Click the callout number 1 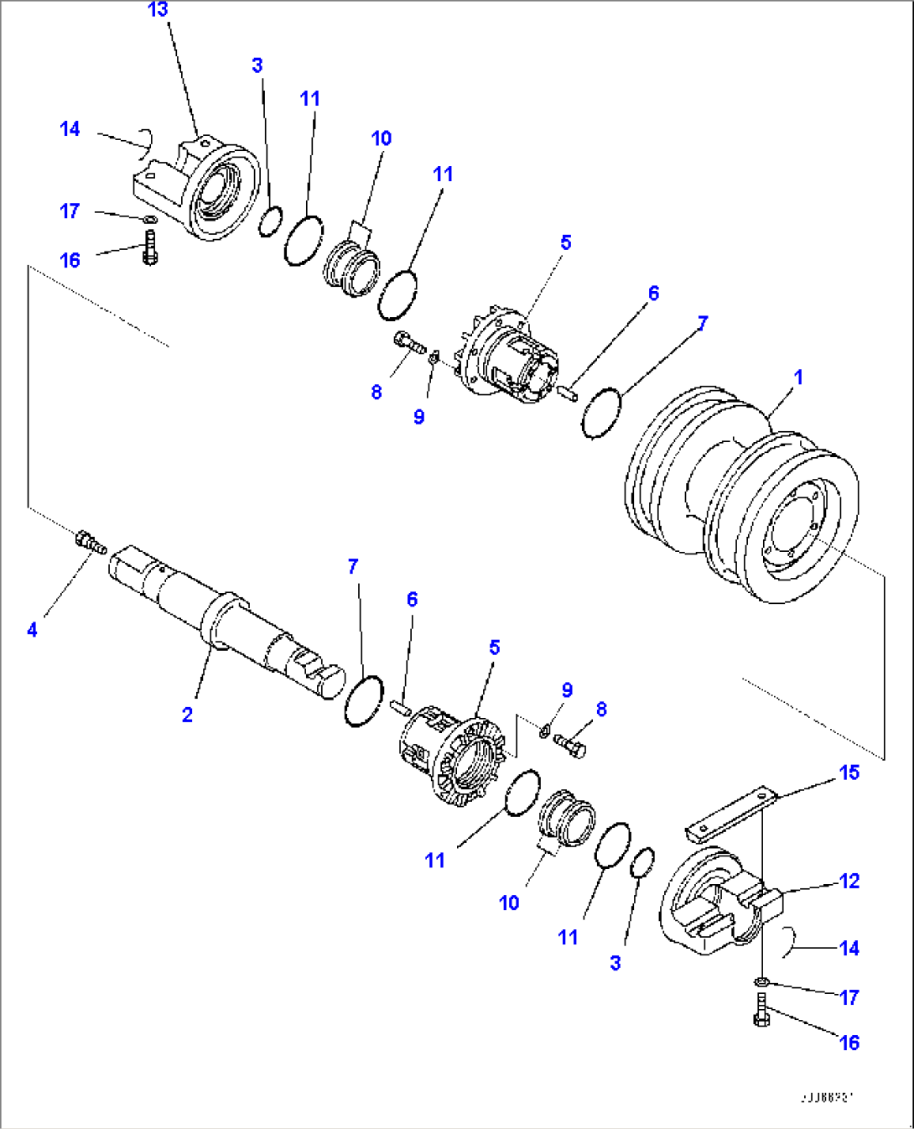point(798,377)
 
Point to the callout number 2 point(187,715)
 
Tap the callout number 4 point(32,629)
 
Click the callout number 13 point(158,10)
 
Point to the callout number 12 point(849,881)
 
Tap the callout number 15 point(849,773)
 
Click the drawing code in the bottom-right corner point(825,1097)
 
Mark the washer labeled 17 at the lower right point(761,981)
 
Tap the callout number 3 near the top point(257,65)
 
